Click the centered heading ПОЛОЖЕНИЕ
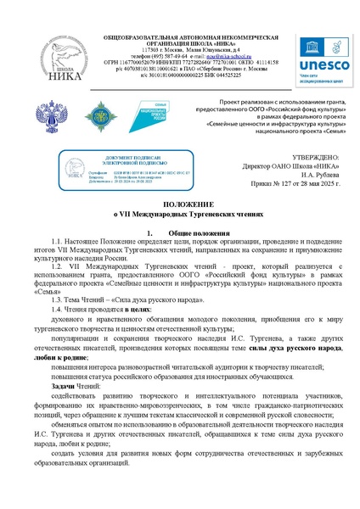point(181,206)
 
